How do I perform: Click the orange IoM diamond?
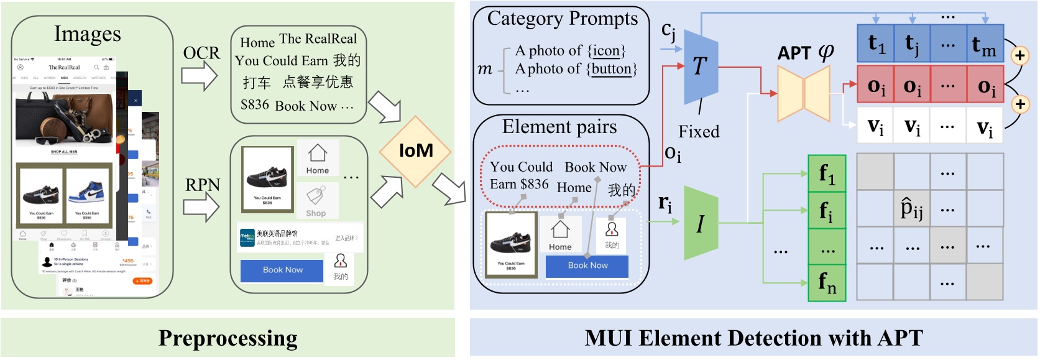pyautogui.click(x=416, y=151)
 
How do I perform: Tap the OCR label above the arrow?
pyautogui.click(x=201, y=53)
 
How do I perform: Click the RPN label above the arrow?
pyautogui.click(x=202, y=185)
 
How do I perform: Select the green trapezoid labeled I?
pyautogui.click(x=701, y=223)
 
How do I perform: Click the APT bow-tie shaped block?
pyautogui.click(x=804, y=93)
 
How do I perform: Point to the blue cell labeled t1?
pyautogui.click(x=875, y=44)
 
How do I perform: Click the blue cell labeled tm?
pyautogui.click(x=985, y=44)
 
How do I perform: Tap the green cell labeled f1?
pyautogui.click(x=827, y=173)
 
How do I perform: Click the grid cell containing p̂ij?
pyautogui.click(x=911, y=208)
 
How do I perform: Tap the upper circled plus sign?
pyautogui.click(x=1019, y=56)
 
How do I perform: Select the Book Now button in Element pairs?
pyautogui.click(x=587, y=266)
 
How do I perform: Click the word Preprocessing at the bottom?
pyautogui.click(x=228, y=338)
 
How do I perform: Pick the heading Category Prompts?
pyautogui.click(x=562, y=19)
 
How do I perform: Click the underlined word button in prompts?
pyautogui.click(x=612, y=68)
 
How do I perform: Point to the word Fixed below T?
pyautogui.click(x=698, y=132)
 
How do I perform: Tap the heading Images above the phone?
pyautogui.click(x=87, y=34)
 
